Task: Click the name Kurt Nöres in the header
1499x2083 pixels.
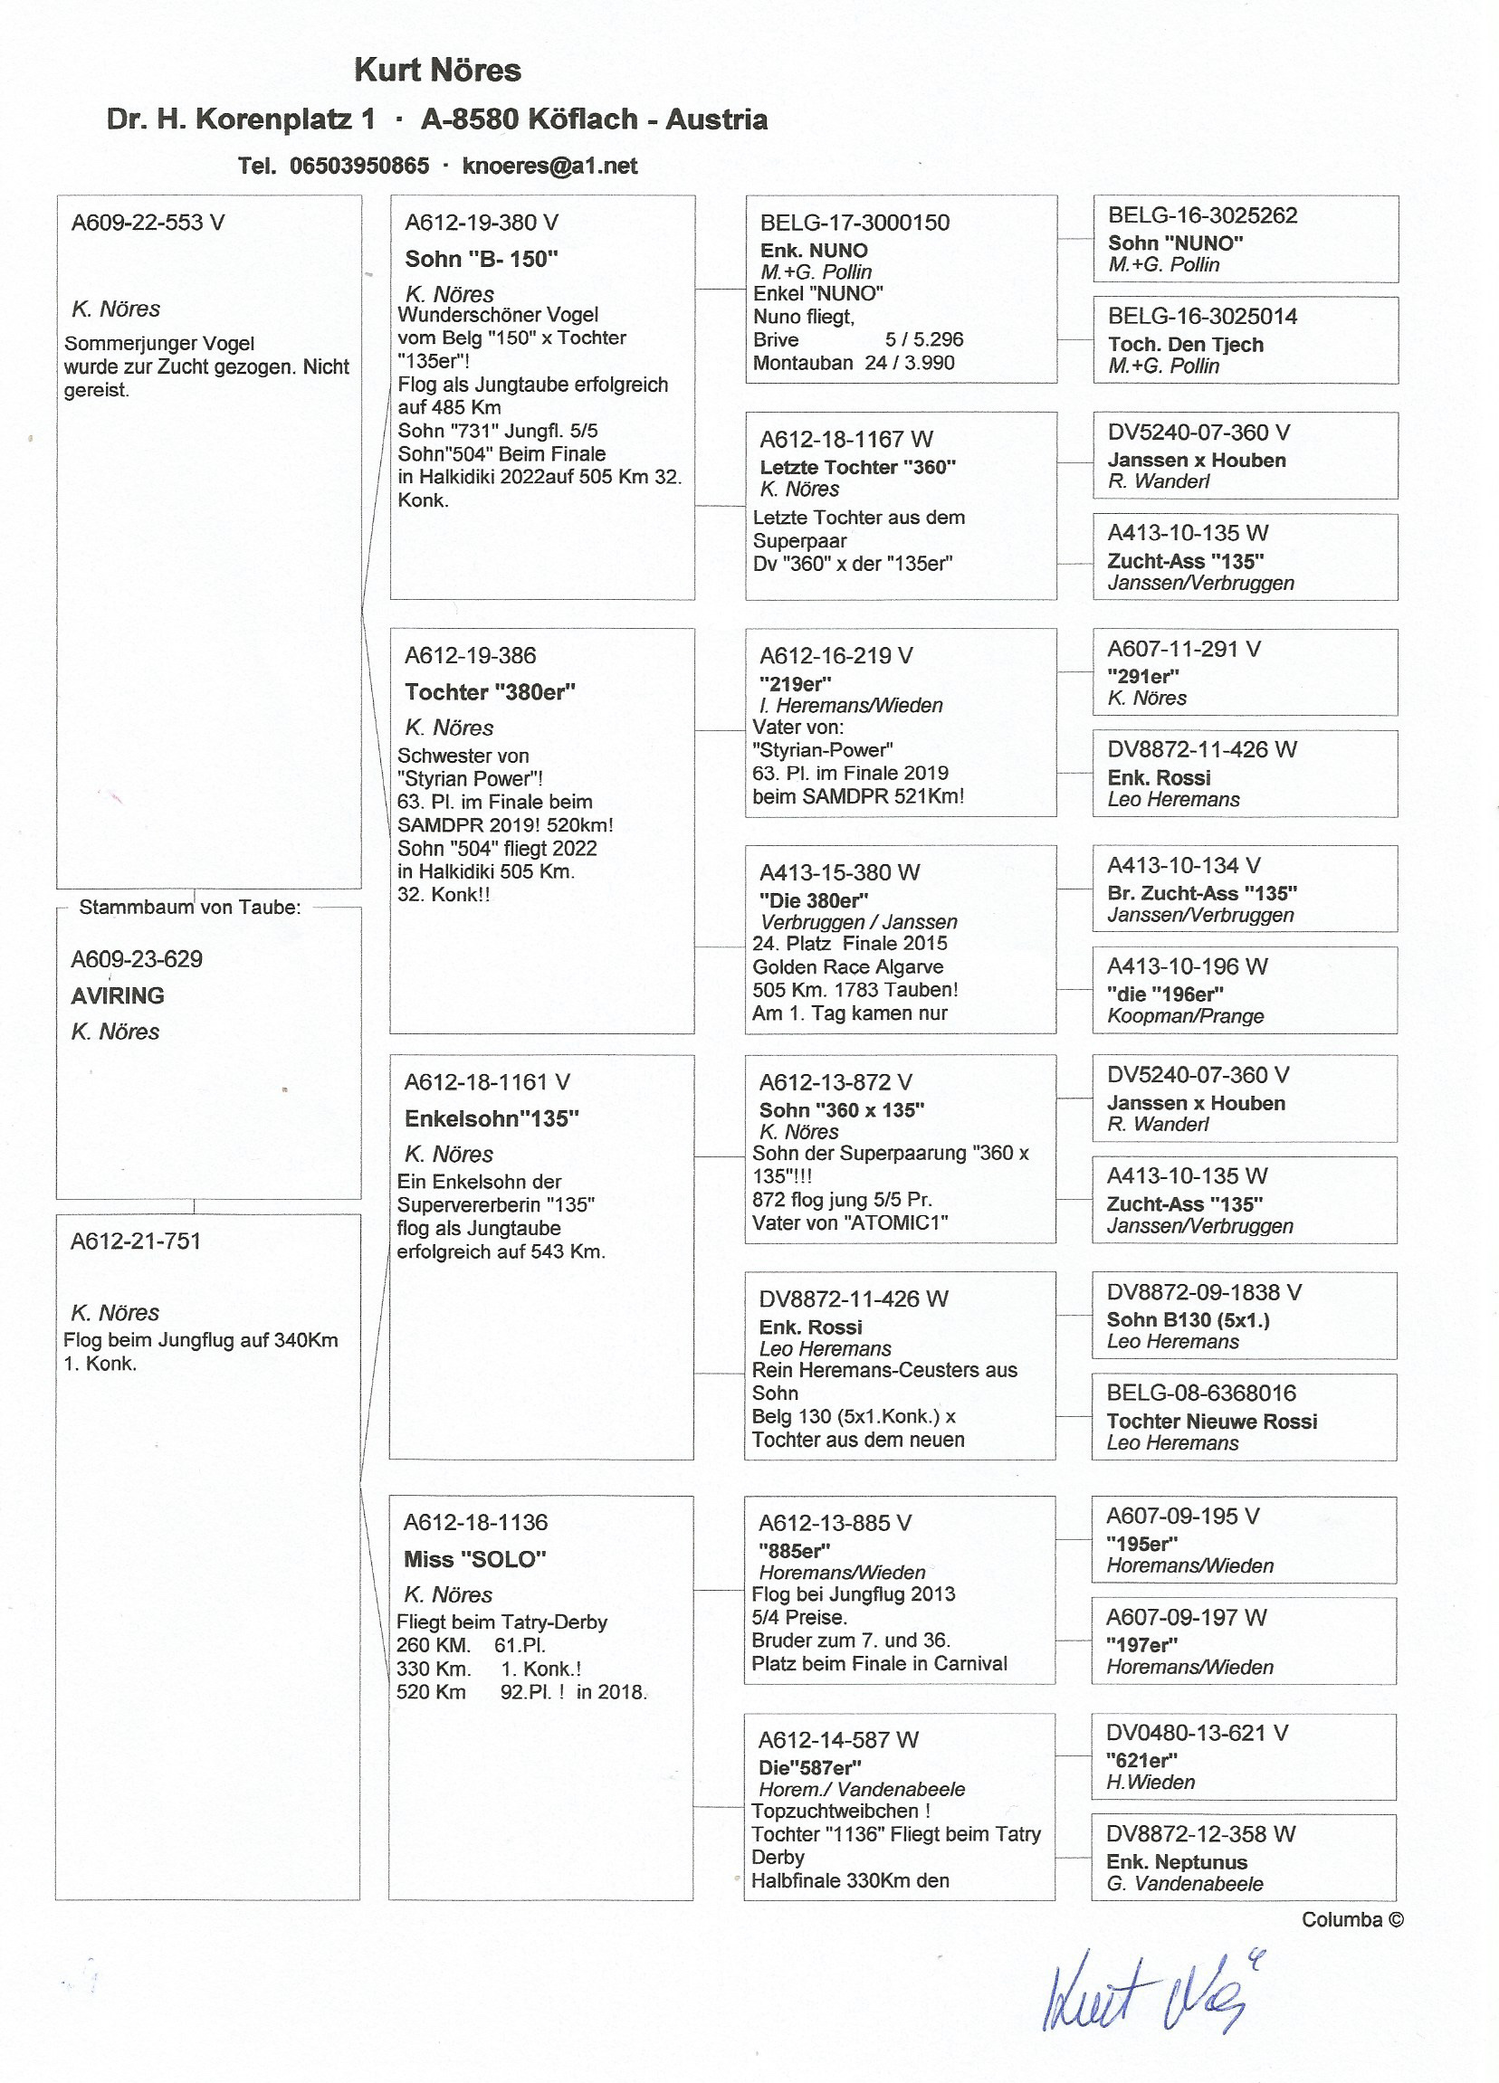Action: [437, 71]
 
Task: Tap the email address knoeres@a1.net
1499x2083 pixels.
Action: [549, 166]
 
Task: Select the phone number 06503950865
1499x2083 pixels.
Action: [359, 166]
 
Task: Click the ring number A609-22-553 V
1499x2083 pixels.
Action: [148, 223]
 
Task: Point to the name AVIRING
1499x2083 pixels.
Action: [118, 995]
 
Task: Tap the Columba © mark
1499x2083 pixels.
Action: [1352, 1919]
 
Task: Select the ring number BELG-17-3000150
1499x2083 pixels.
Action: [855, 223]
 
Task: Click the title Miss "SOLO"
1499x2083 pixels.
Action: [475, 1558]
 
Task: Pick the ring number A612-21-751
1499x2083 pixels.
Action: [135, 1241]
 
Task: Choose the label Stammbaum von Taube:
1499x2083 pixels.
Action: [190, 908]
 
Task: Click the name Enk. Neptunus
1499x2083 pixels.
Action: [1177, 1861]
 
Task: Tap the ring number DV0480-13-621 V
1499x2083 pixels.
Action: [1196, 1733]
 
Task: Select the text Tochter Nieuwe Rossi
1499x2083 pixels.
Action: [1211, 1421]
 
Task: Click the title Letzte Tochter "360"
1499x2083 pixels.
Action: [857, 467]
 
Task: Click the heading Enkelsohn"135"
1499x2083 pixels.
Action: [492, 1118]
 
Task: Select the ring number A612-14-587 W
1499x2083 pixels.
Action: [837, 1739]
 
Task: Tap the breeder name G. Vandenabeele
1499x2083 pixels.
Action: [1184, 1884]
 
